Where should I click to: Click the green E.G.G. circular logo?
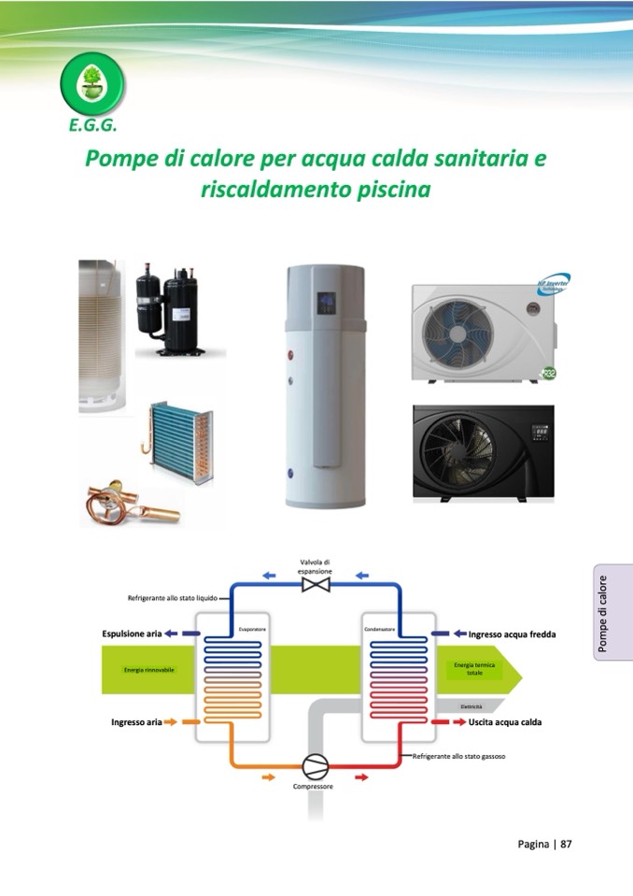pyautogui.click(x=92, y=85)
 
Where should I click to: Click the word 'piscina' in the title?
pyautogui.click(x=384, y=189)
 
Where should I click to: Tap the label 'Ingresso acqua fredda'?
pyautogui.click(x=512, y=634)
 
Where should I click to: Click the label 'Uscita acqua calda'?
pyautogui.click(x=505, y=722)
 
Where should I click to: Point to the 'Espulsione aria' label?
pyautogui.click(x=132, y=633)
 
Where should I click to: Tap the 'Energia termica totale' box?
pyautogui.click(x=474, y=669)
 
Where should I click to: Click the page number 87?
pyautogui.click(x=565, y=844)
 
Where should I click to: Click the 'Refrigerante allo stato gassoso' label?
pyautogui.click(x=458, y=756)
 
